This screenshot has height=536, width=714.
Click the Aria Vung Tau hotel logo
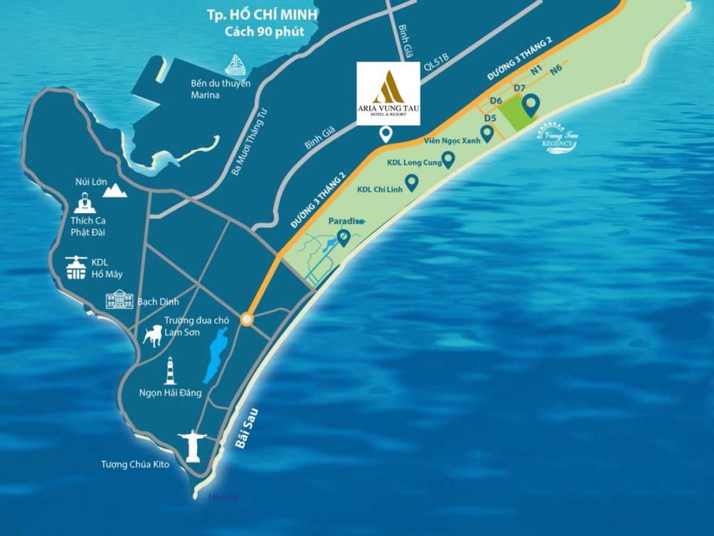point(388,94)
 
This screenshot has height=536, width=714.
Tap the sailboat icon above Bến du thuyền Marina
point(235,65)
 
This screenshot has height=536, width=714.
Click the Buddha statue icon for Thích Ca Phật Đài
point(83,204)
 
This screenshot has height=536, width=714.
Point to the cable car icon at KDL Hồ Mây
point(76,267)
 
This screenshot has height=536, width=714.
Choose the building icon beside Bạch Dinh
point(120,299)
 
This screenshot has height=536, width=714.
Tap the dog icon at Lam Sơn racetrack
point(151,335)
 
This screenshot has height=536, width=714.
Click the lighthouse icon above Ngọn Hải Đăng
point(170,372)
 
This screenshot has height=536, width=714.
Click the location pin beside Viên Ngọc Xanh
point(488,133)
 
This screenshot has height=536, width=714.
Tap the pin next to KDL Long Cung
point(448,161)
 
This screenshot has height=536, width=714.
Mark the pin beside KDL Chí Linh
point(412,189)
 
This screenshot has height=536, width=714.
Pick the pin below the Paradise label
point(344,238)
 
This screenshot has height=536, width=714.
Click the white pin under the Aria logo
point(386,134)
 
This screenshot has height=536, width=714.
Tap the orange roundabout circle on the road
point(246,319)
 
